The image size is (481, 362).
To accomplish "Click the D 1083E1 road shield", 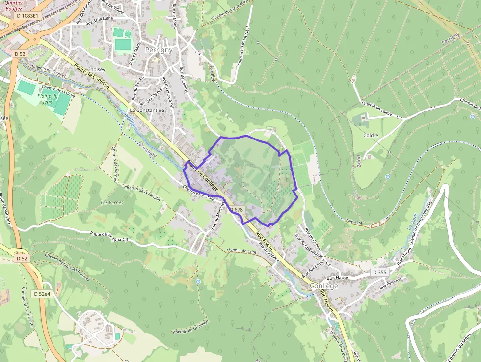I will coord(27,16).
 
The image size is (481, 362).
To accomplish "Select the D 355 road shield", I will coord(379,272).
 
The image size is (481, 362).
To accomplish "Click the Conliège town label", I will coord(323,286).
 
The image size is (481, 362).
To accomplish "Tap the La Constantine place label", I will coord(147,111).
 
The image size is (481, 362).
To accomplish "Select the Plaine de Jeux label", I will coord(48,99).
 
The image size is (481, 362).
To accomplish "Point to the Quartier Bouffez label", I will coord(14,5).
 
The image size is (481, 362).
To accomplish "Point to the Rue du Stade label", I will coord(134,54).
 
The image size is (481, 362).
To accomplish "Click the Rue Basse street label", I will coord(264,241).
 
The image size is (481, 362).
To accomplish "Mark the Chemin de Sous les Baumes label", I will coord(67,267).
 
